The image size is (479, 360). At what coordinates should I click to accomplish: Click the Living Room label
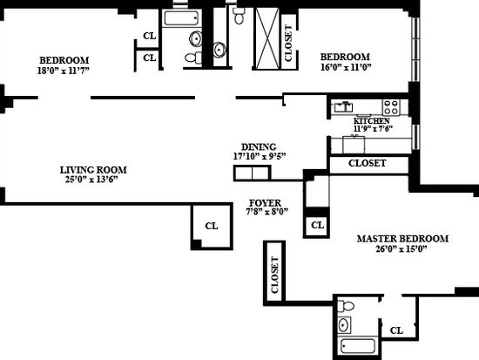(x=93, y=170)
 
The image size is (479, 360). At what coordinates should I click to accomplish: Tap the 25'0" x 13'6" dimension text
(x=91, y=180)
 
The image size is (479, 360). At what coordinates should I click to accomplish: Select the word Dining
(x=259, y=146)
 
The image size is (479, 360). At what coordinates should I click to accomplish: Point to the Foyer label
(x=265, y=203)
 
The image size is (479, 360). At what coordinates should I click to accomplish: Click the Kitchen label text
(x=372, y=121)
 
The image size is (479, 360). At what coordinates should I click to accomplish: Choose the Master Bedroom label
(x=402, y=239)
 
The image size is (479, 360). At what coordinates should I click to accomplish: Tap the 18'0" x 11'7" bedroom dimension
(x=64, y=71)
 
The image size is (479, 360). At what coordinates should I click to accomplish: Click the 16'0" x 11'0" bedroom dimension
(x=346, y=67)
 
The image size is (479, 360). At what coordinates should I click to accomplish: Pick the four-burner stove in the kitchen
(x=391, y=107)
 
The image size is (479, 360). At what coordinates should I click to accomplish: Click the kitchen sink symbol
(x=343, y=107)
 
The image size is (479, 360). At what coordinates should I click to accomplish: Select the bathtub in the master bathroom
(x=358, y=346)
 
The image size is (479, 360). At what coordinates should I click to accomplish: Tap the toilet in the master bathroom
(x=346, y=306)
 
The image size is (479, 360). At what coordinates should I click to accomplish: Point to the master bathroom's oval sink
(x=344, y=325)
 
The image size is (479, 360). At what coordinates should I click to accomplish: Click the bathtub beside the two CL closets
(x=181, y=18)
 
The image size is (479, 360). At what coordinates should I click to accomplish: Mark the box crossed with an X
(x=267, y=38)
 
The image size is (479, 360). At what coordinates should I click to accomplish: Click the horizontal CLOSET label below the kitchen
(x=367, y=163)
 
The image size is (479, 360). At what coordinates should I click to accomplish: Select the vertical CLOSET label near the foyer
(x=275, y=275)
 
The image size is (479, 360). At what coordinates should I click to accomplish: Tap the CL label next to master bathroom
(x=396, y=330)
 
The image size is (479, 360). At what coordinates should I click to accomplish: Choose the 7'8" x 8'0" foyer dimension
(x=267, y=211)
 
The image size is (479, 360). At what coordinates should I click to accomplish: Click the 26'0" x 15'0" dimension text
(x=401, y=248)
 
